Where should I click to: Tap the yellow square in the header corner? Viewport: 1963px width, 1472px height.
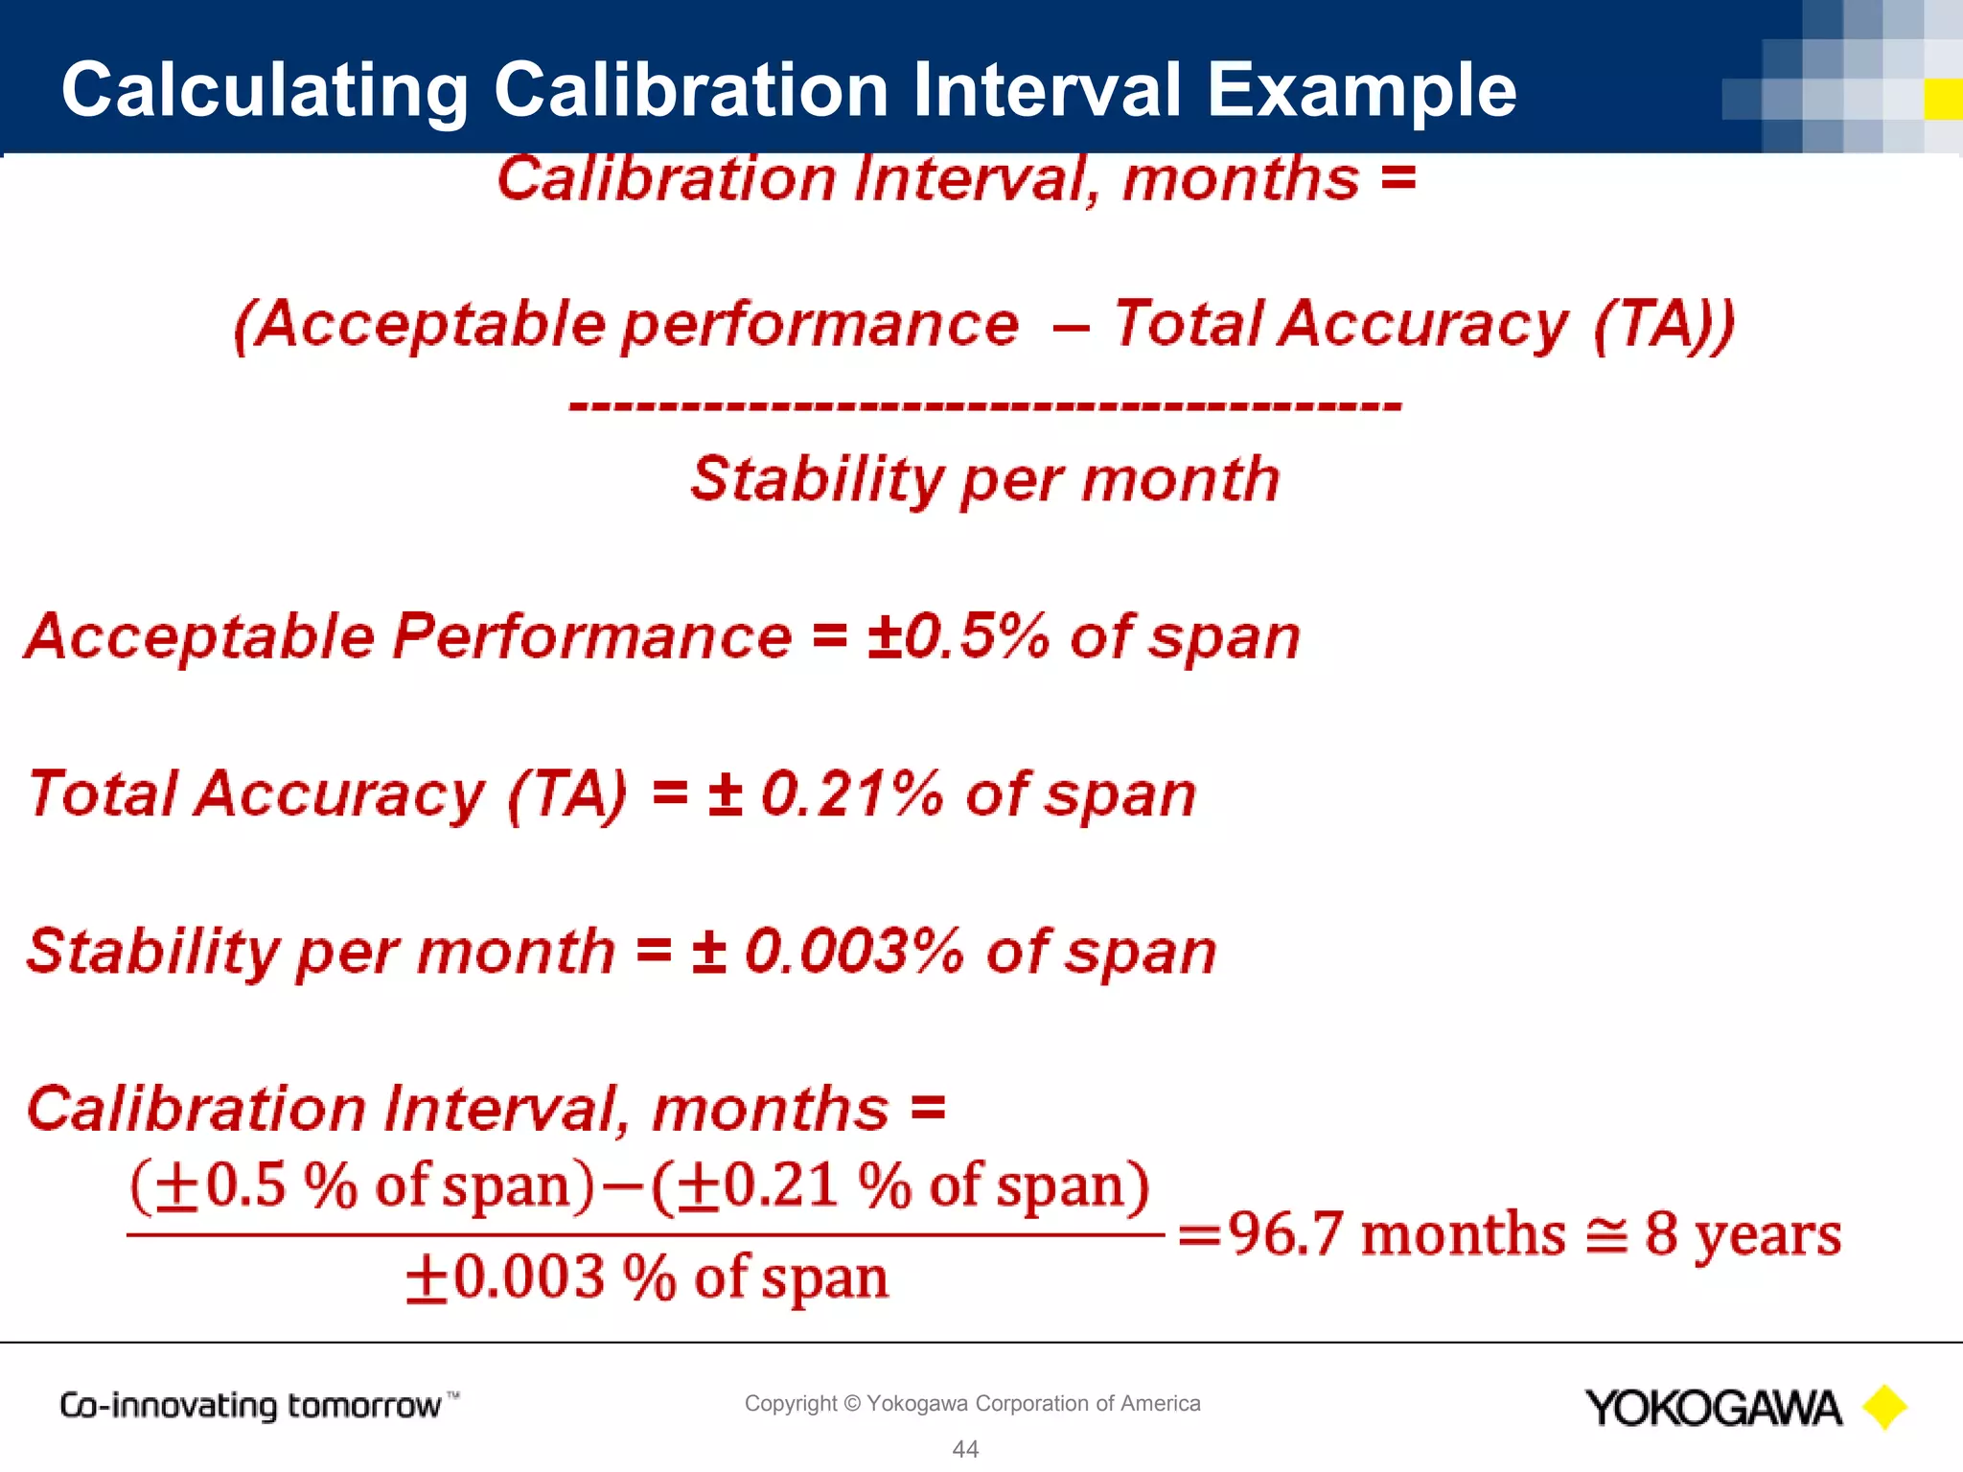pos(1943,100)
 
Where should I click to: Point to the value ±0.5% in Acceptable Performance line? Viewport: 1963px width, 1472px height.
pos(958,636)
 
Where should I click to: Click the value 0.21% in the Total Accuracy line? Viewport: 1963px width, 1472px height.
pos(851,794)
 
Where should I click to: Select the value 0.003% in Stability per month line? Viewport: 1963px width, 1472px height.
pos(853,952)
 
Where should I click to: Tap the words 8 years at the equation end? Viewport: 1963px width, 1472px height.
pos(1743,1233)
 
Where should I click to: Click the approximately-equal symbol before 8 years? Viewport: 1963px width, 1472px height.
pos(1606,1235)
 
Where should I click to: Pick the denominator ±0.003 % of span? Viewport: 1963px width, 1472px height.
pos(647,1278)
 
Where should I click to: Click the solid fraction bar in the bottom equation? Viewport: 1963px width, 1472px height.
pos(644,1234)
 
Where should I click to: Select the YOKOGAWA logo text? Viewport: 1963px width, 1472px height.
pos(1713,1408)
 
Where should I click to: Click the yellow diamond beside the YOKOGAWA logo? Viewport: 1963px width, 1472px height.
pos(1884,1408)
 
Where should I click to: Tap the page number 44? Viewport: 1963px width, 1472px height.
pos(965,1449)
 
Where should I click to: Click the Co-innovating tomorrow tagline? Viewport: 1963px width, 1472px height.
pos(251,1406)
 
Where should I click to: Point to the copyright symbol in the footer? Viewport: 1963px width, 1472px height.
pos(852,1404)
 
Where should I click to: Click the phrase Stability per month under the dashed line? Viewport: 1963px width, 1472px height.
pos(985,479)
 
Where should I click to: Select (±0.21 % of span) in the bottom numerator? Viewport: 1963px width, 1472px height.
pos(900,1186)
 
